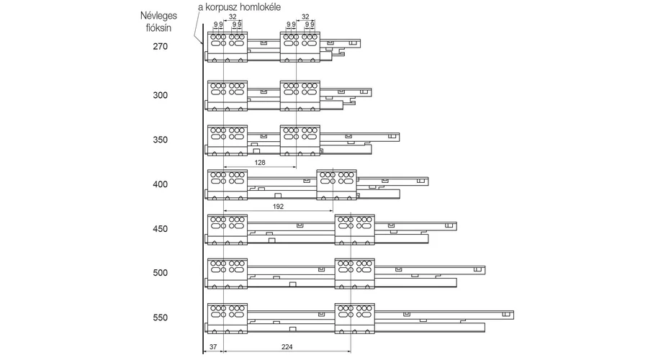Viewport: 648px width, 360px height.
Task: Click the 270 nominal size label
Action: [161, 46]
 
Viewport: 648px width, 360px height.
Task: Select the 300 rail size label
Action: [161, 95]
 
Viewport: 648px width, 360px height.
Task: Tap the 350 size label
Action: [161, 140]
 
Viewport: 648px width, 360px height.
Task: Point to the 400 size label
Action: [161, 184]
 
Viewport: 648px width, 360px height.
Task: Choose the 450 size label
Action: [161, 228]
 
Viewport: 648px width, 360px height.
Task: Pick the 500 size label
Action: [161, 273]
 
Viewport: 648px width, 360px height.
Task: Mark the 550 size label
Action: [161, 318]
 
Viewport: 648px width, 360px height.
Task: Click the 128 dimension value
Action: [260, 163]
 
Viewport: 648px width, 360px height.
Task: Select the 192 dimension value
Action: [278, 206]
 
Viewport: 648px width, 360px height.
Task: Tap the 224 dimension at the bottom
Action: [287, 347]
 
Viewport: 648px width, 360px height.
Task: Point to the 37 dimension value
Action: [213, 347]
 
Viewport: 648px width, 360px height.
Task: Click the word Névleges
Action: [158, 16]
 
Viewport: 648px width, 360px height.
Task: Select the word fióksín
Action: [158, 28]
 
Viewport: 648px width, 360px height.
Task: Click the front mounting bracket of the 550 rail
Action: [228, 319]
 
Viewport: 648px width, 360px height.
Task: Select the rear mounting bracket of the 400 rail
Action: [336, 185]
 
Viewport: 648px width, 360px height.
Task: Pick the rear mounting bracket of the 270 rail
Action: [300, 48]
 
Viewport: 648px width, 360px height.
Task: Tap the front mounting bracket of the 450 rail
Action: [228, 230]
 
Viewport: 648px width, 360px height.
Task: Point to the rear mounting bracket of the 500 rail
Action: [354, 274]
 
